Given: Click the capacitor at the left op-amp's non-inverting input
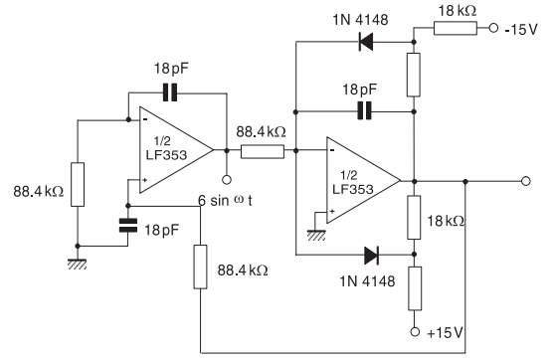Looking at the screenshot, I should coord(127,226).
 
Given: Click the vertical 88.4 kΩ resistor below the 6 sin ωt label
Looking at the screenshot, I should coord(200,267).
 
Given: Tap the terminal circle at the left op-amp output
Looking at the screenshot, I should coord(227,181).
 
